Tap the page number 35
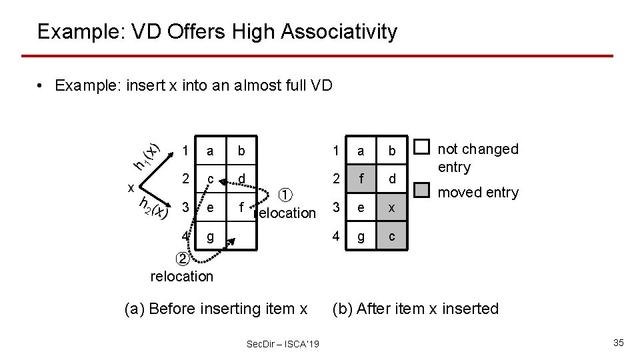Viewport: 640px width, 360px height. [618, 343]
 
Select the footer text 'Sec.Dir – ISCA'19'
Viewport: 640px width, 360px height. [283, 343]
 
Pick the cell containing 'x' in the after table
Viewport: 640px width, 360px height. [392, 208]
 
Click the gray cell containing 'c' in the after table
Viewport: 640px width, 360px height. [392, 236]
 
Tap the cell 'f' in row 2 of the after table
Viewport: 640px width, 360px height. [361, 179]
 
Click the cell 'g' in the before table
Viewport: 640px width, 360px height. [210, 236]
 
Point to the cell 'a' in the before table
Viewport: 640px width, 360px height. [210, 151]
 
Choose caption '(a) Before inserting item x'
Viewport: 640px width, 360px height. [216, 309]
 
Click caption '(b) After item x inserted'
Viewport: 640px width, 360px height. [415, 309]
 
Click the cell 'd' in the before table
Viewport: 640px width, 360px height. [241, 178]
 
